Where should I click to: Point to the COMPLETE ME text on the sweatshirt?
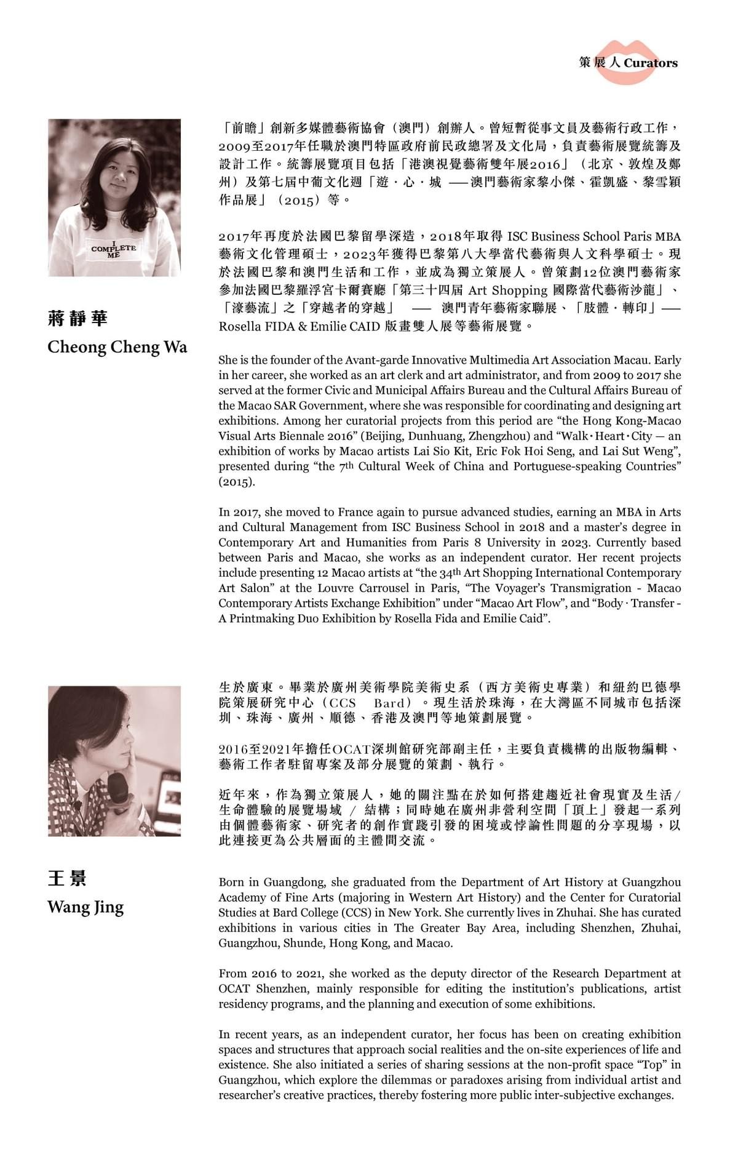click(114, 249)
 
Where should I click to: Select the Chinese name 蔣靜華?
click(77, 318)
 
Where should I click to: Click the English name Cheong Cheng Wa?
click(117, 347)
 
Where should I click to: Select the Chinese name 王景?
click(67, 878)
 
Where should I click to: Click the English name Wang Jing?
click(85, 907)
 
